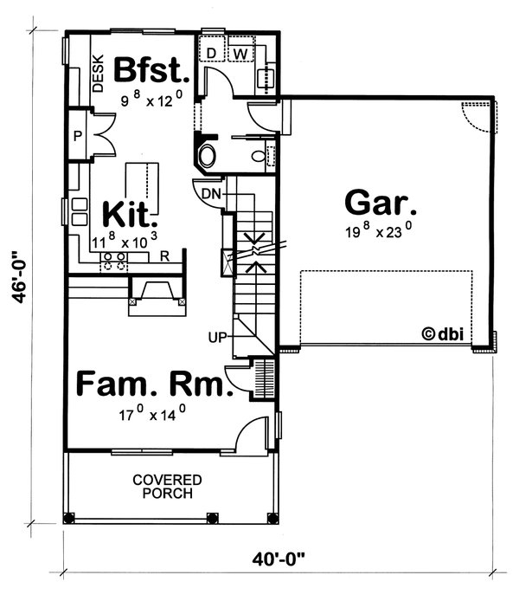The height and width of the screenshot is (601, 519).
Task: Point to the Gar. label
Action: click(x=381, y=204)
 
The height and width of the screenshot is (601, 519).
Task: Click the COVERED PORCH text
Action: click(x=168, y=486)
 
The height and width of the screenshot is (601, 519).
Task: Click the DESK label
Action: click(x=98, y=74)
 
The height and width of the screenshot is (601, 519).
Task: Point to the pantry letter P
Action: click(x=77, y=137)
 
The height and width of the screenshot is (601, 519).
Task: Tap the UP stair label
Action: click(x=217, y=338)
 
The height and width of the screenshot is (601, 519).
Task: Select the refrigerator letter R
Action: click(x=163, y=256)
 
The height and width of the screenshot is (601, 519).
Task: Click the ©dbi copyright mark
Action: click(x=441, y=332)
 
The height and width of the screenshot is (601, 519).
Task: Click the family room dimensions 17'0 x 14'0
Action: click(x=152, y=415)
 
